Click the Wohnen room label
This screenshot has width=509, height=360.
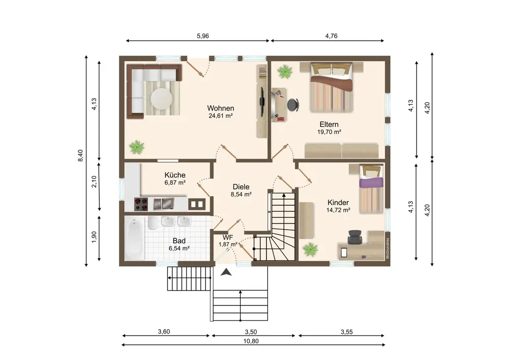pyautogui.click(x=220, y=108)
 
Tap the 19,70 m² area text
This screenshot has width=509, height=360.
pyautogui.click(x=329, y=132)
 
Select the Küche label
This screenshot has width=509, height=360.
pyautogui.click(x=175, y=175)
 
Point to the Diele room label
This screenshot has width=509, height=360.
pyautogui.click(x=241, y=187)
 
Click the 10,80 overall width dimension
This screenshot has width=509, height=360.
pyautogui.click(x=251, y=341)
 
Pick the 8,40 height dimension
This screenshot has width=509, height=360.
pyautogui.click(x=80, y=155)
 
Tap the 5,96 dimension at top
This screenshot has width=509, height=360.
pyautogui.click(x=203, y=36)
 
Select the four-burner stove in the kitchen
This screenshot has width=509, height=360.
pyautogui.click(x=141, y=204)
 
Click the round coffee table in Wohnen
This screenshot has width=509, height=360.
pyautogui.click(x=161, y=98)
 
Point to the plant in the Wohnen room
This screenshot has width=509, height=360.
pyautogui.click(x=136, y=147)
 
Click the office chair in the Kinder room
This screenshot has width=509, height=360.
pyautogui.click(x=354, y=237)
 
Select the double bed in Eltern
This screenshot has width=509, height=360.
pyautogui.click(x=331, y=87)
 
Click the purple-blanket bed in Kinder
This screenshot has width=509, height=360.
pyautogui.click(x=371, y=188)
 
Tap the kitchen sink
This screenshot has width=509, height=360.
pyautogui.click(x=164, y=204)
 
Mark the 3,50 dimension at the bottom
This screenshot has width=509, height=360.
pyautogui.click(x=250, y=332)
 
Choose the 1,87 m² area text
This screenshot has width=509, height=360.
pyautogui.click(x=228, y=244)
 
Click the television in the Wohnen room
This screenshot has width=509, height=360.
pyautogui.click(x=262, y=96)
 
